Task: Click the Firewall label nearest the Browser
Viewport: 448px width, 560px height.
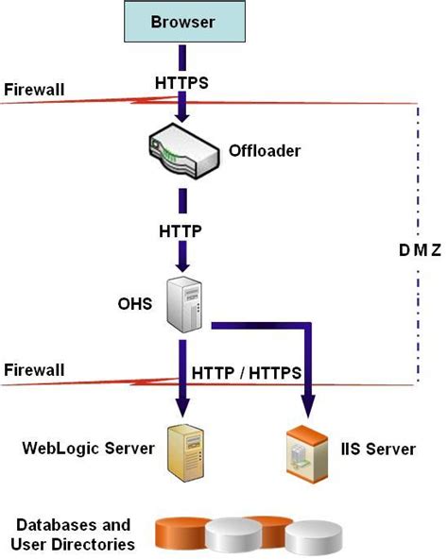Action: pyautogui.click(x=34, y=91)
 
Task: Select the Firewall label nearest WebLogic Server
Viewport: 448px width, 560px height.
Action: pyautogui.click(x=34, y=369)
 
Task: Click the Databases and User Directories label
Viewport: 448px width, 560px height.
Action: pyautogui.click(x=72, y=534)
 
